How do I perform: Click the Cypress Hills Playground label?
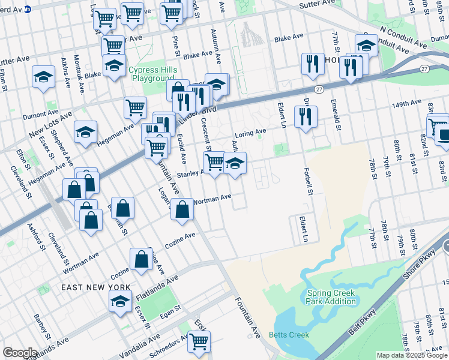152,74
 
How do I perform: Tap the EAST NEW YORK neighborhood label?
95,287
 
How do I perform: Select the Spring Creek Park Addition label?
331,297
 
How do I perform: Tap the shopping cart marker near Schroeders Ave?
199,341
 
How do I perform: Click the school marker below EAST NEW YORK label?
120,302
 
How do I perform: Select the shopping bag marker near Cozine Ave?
141,259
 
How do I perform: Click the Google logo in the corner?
20,352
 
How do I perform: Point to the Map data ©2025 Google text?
411,355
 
